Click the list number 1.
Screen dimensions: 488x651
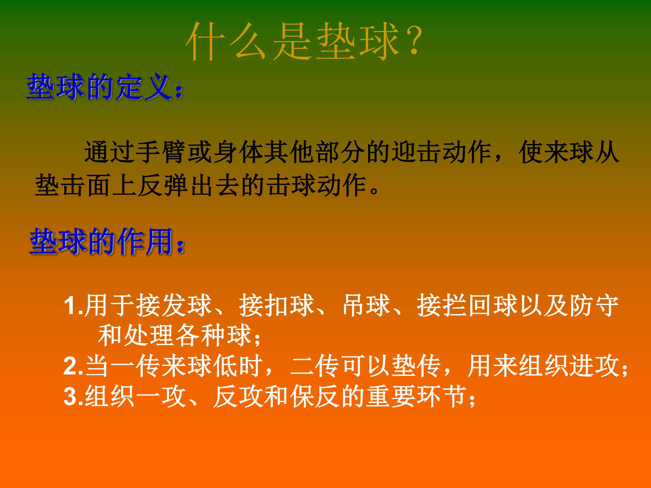[x=71, y=306]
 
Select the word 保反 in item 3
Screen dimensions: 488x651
[x=315, y=396]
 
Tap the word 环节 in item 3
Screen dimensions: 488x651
[x=443, y=396]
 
